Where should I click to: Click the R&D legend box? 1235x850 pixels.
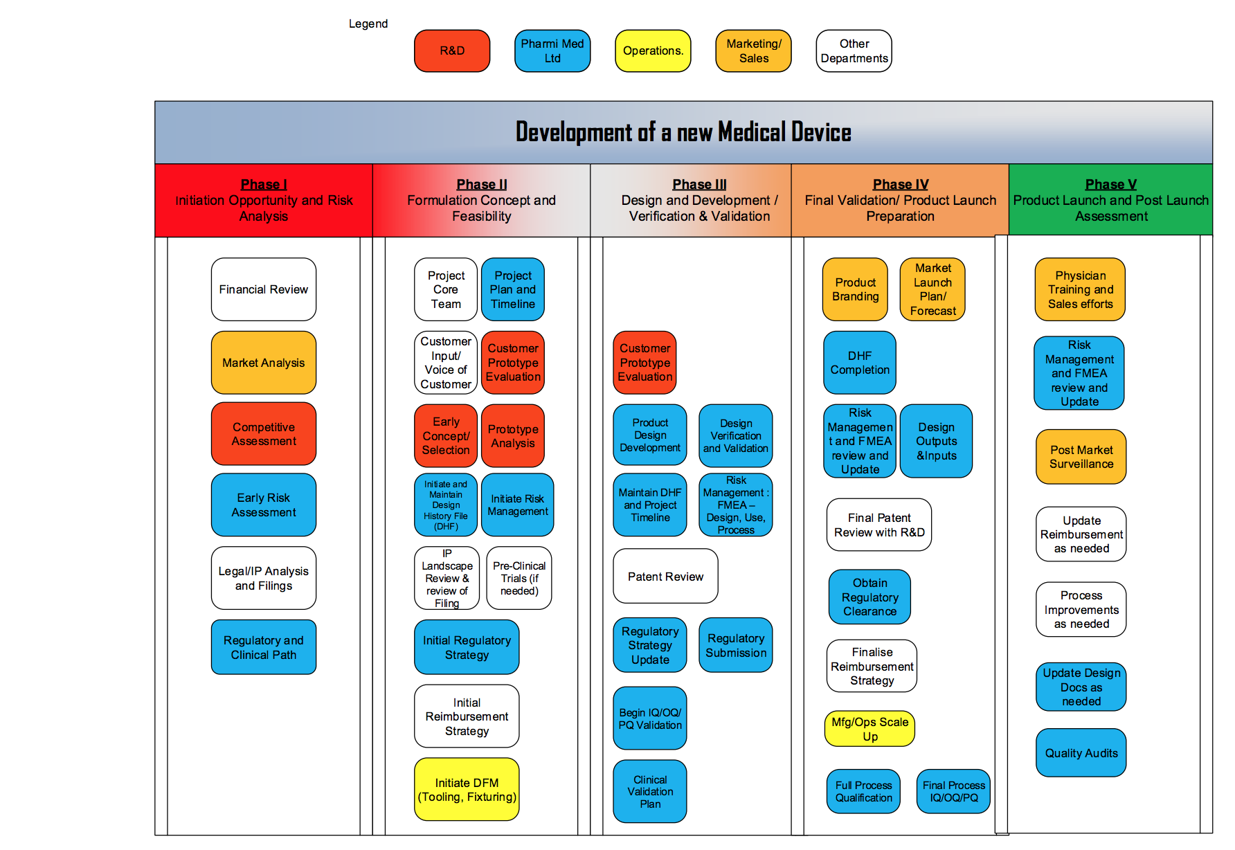click(x=452, y=51)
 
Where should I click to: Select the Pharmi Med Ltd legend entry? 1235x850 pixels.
click(x=552, y=51)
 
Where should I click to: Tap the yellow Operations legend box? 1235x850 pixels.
click(x=653, y=51)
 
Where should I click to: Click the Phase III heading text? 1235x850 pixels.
click(x=699, y=184)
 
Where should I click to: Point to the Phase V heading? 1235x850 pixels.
click(x=1110, y=184)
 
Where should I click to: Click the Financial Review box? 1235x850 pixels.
click(x=264, y=289)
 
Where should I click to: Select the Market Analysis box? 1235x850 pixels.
click(x=264, y=363)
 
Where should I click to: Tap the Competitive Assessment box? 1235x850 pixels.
click(x=264, y=434)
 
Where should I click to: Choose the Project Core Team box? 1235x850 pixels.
click(x=446, y=289)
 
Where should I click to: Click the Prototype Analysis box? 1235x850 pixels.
click(x=513, y=436)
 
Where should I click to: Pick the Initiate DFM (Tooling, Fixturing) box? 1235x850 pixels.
click(x=467, y=790)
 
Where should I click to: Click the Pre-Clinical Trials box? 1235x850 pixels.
click(x=519, y=578)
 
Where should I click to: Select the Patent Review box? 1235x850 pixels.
click(x=665, y=577)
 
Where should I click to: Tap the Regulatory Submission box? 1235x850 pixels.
click(x=736, y=645)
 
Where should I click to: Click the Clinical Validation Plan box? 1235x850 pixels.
click(x=650, y=791)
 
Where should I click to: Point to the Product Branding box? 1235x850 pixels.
click(x=855, y=289)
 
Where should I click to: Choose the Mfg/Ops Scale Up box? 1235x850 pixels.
click(x=869, y=729)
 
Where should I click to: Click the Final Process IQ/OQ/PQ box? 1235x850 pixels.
click(x=953, y=791)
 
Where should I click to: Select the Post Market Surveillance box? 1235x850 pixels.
click(x=1081, y=457)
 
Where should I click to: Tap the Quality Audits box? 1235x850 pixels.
click(x=1081, y=753)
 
